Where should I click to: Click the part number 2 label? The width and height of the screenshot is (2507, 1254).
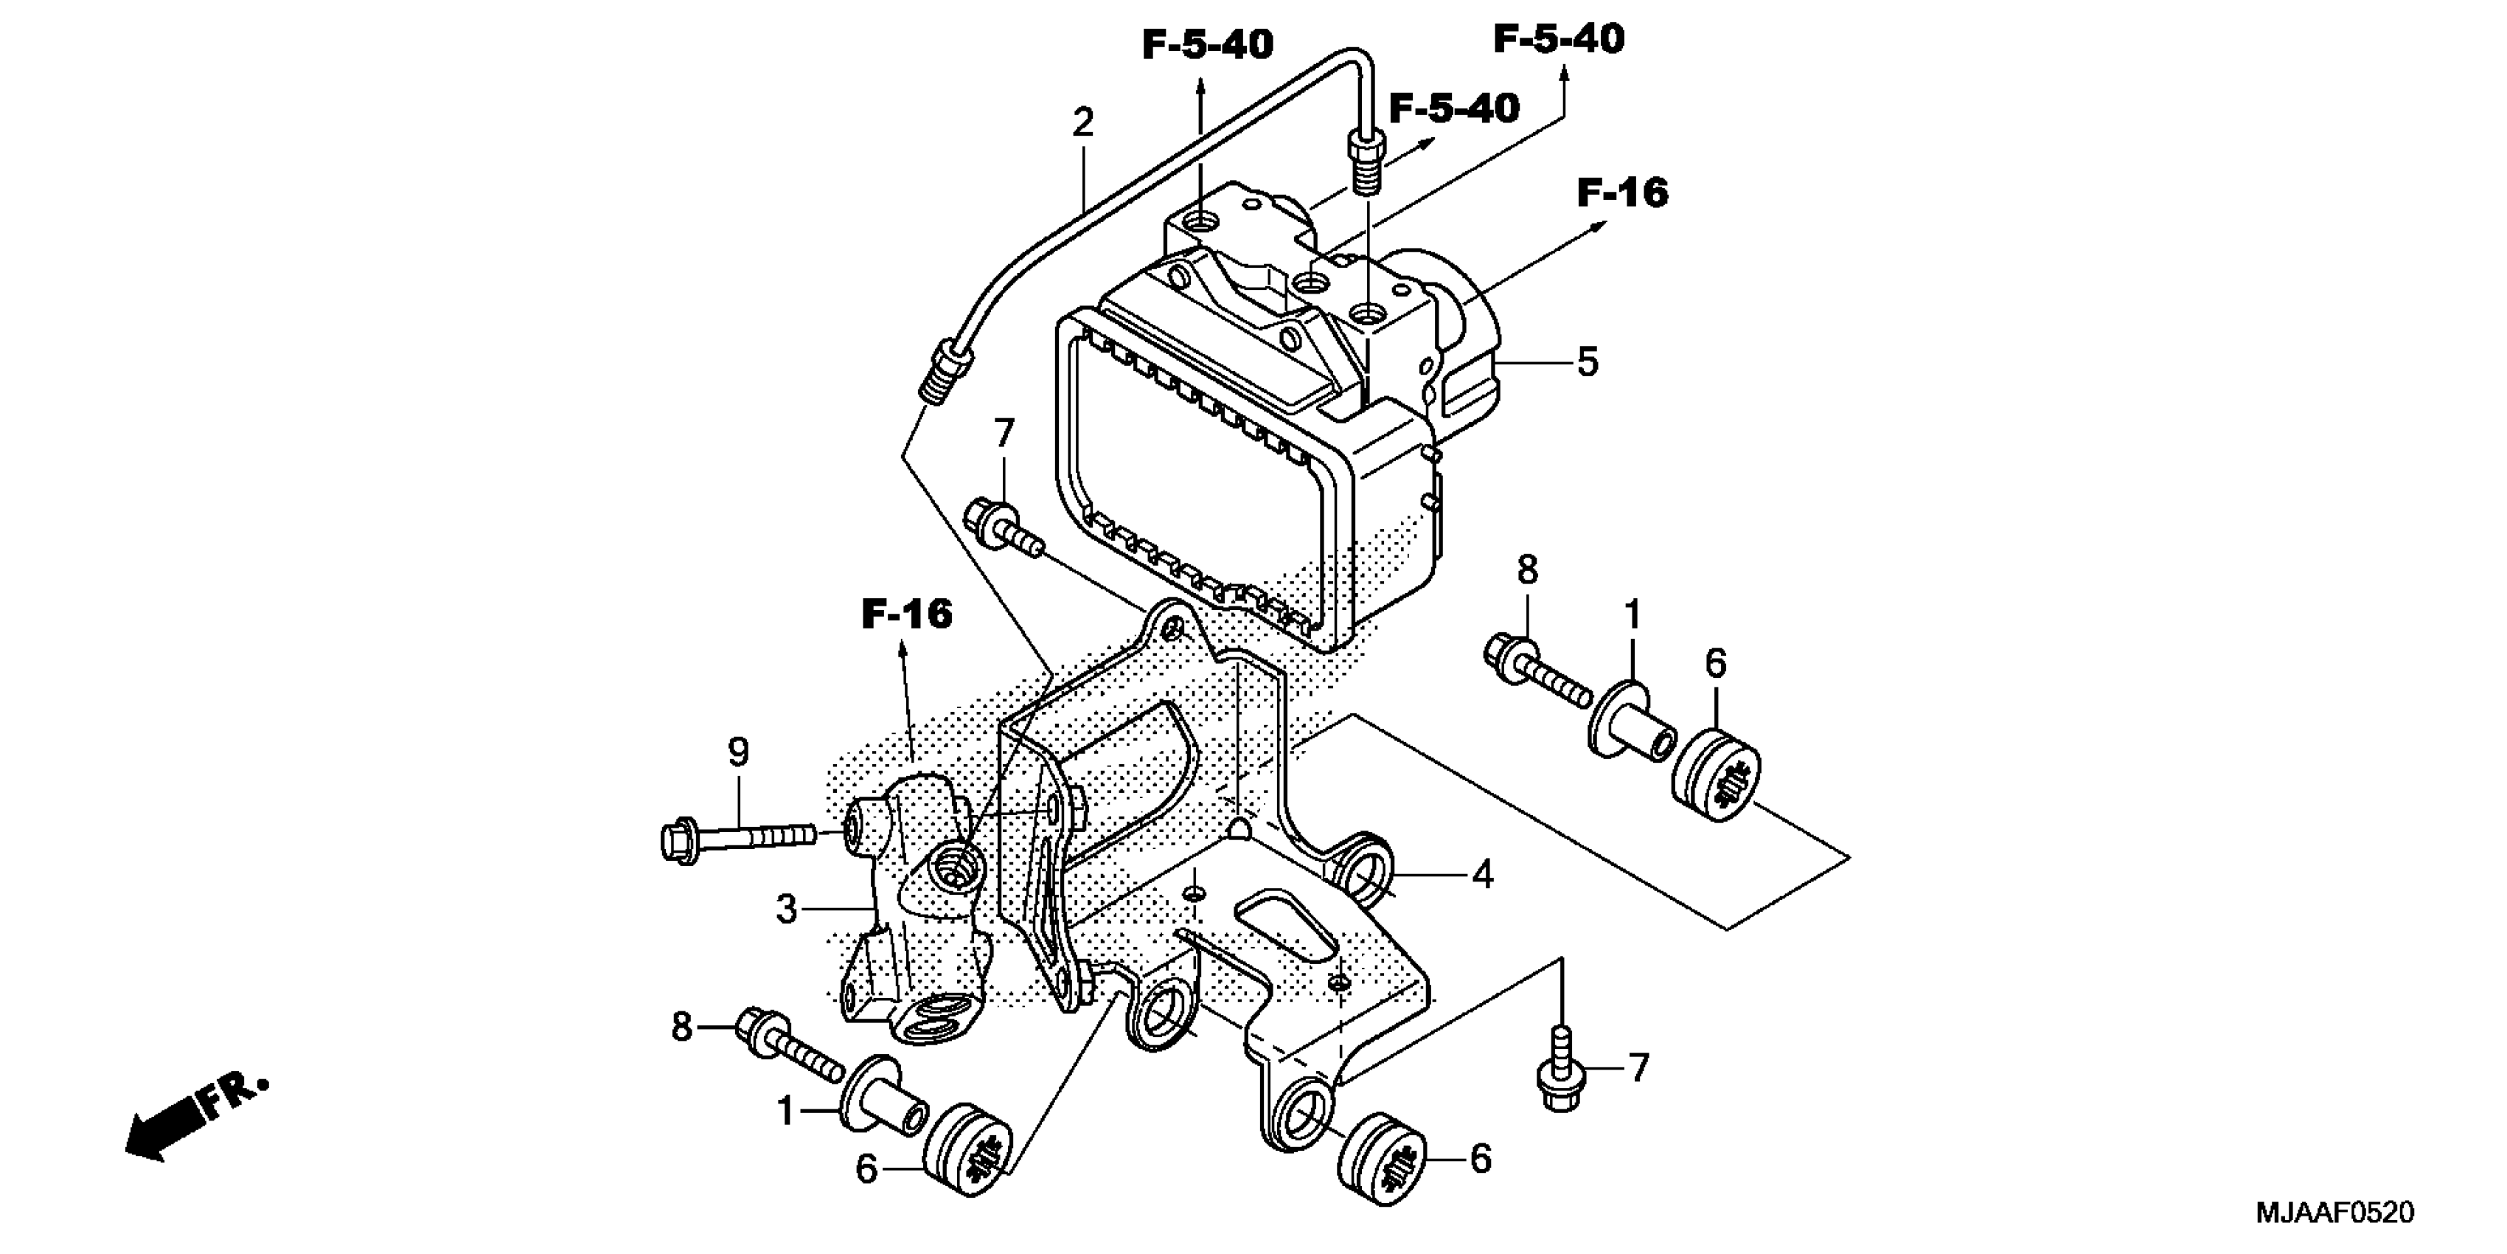pyautogui.click(x=1082, y=122)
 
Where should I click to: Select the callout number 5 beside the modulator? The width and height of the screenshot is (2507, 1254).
pyautogui.click(x=1588, y=362)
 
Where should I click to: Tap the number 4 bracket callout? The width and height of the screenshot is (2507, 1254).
pyautogui.click(x=1481, y=876)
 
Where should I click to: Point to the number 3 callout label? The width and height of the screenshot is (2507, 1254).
pyautogui.click(x=786, y=910)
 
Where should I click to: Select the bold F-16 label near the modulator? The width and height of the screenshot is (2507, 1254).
pyautogui.click(x=1622, y=193)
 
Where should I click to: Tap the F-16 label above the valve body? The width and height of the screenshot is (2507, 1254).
pyautogui.click(x=907, y=614)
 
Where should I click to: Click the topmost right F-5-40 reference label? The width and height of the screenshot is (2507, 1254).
pyautogui.click(x=1559, y=40)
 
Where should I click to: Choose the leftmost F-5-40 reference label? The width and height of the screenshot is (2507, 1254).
pyautogui.click(x=1207, y=45)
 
